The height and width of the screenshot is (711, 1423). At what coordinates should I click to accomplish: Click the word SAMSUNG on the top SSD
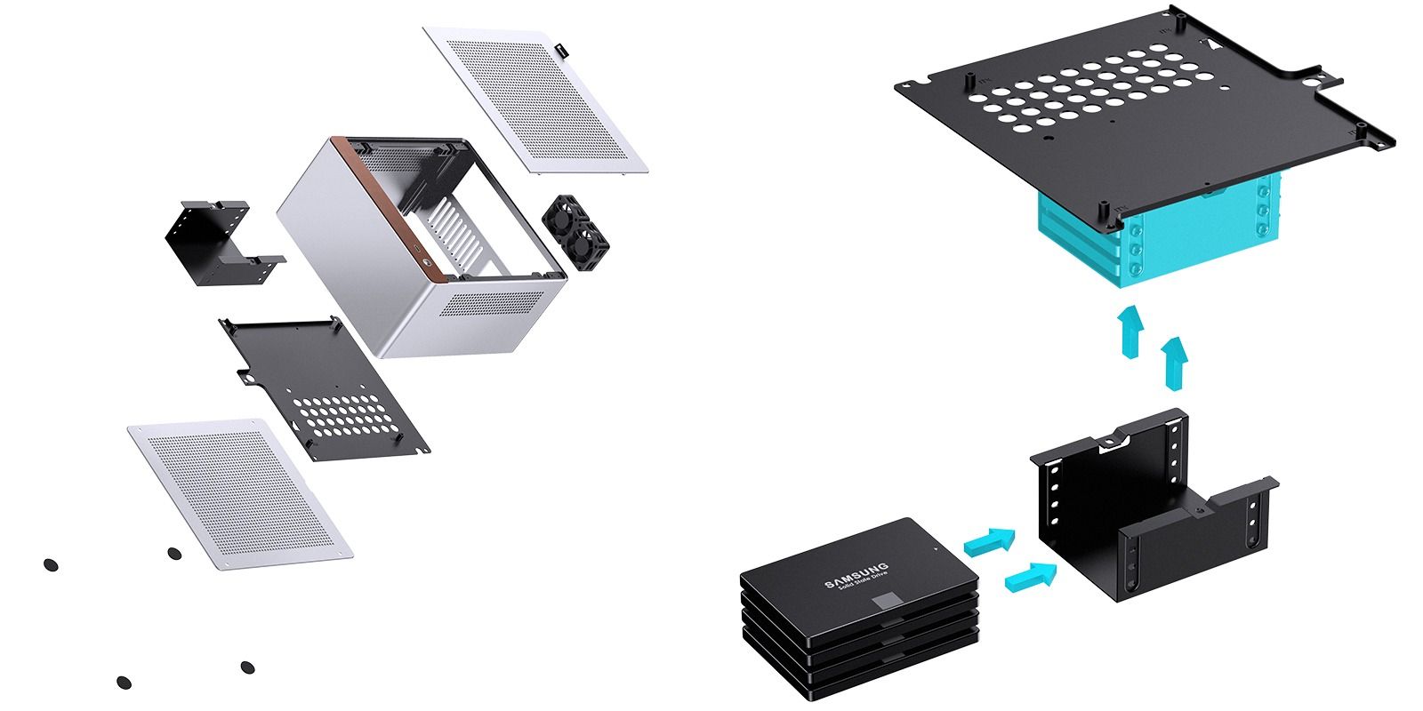coord(856,576)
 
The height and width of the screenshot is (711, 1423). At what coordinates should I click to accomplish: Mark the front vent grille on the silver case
coord(492,303)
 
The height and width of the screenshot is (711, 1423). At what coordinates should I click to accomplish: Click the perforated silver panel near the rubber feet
coord(240,494)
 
